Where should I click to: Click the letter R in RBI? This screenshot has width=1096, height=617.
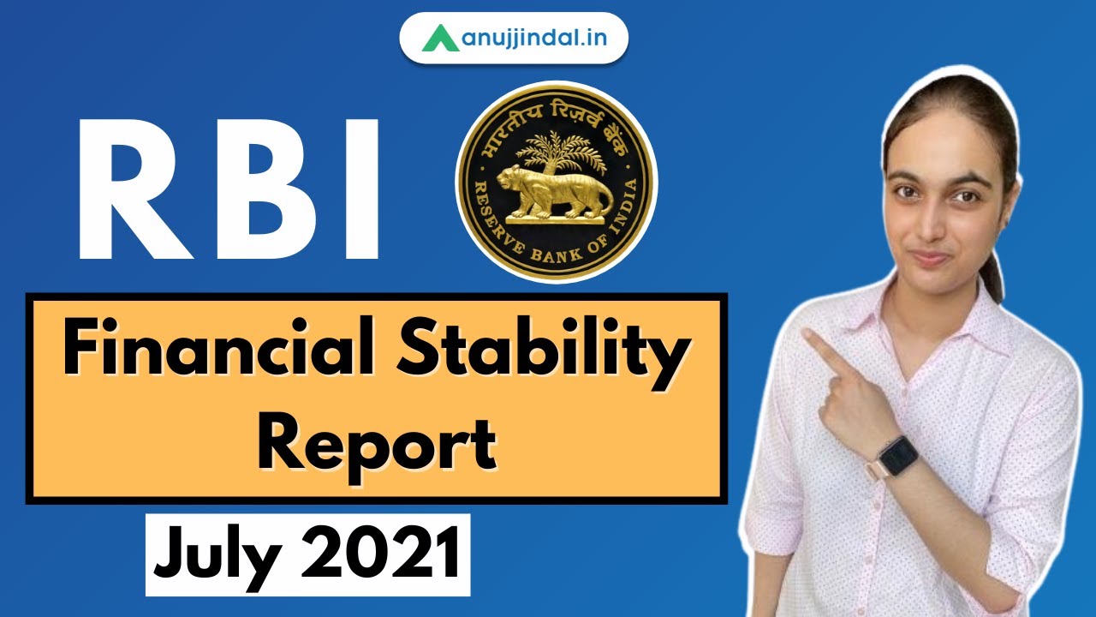128,190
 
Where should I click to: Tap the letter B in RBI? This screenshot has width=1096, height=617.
266,190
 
